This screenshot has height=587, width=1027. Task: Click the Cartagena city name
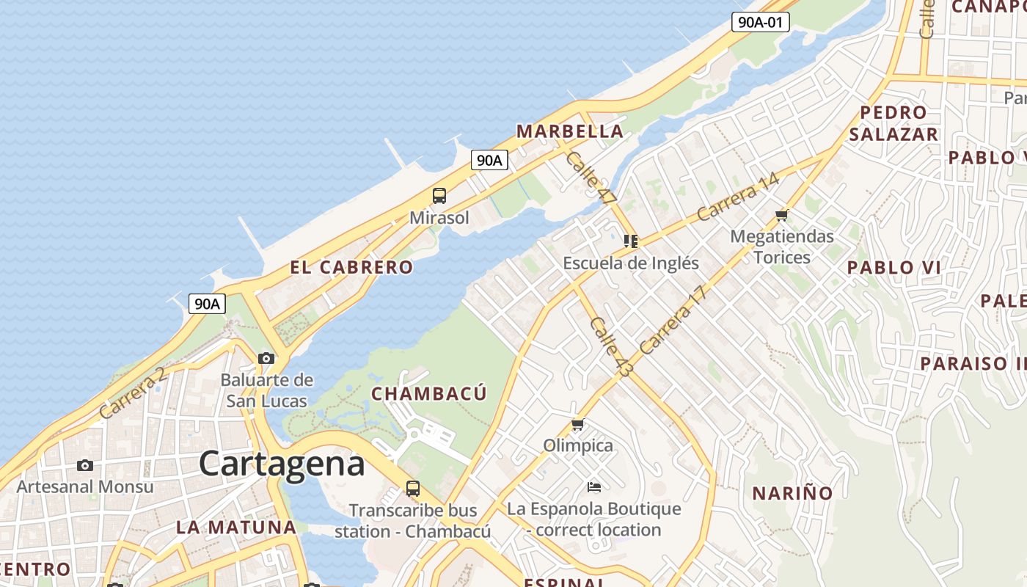(282, 464)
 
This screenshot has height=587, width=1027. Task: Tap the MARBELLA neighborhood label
(570, 132)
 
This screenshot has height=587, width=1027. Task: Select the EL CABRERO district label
(351, 268)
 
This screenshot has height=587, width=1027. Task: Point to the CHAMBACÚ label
(428, 394)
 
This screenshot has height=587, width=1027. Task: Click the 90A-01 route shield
(760, 22)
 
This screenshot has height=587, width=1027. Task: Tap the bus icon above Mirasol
(439, 196)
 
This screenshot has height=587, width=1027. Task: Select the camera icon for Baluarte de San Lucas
(266, 359)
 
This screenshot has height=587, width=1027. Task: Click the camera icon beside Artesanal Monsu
(85, 465)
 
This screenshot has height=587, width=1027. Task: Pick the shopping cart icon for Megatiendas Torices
(782, 215)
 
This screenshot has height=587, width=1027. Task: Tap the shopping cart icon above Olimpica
(578, 425)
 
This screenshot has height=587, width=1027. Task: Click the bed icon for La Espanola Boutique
(594, 487)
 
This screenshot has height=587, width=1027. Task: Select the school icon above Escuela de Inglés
(631, 241)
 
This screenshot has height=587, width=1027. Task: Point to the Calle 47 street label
(591, 178)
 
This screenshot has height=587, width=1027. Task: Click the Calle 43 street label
(610, 348)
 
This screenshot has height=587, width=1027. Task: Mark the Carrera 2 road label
(132, 394)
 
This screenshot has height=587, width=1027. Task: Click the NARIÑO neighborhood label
(793, 493)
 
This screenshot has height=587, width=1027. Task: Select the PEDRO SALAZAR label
(893, 123)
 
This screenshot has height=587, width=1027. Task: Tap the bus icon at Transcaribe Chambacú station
(413, 489)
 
